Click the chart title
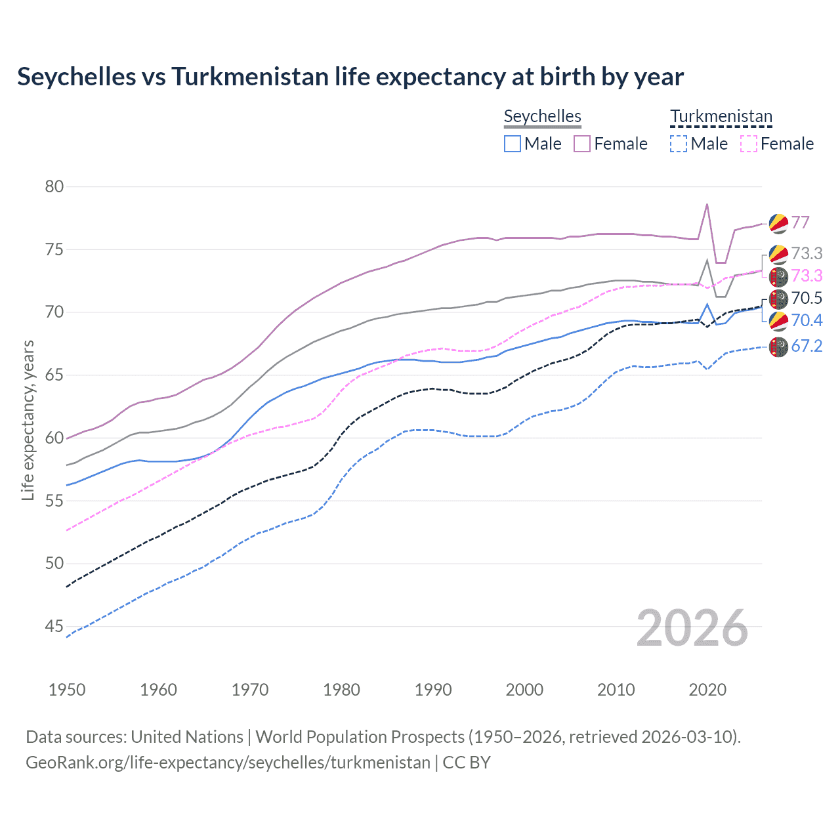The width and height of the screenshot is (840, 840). coord(350,77)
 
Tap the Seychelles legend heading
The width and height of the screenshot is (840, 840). coord(542,116)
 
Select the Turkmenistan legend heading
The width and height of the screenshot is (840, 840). coord(721,116)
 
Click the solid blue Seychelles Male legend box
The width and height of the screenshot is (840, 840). coord(513,144)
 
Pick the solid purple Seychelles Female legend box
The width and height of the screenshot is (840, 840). coord(582,144)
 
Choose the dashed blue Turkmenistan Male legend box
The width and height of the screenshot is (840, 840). coord(679,144)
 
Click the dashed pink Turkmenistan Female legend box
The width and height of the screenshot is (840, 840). coord(749,144)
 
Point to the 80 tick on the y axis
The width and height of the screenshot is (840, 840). coord(54,186)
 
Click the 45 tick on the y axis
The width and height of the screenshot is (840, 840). coord(54,626)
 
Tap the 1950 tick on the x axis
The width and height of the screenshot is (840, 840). coord(67,690)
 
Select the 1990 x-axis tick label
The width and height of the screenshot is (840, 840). coord(433,690)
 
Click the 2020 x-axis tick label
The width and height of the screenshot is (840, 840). coord(707,690)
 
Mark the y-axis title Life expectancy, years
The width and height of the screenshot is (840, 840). coord(28,420)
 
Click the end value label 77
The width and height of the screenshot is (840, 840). coord(800,222)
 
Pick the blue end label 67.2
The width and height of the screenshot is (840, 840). coord(807,346)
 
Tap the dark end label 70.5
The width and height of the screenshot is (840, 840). coord(807,299)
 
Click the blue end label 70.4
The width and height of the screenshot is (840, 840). coord(807,320)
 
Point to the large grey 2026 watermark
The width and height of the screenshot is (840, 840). coord(692,628)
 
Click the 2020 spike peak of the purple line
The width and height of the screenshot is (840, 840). coord(707,204)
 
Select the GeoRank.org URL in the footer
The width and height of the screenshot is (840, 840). coord(228,763)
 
